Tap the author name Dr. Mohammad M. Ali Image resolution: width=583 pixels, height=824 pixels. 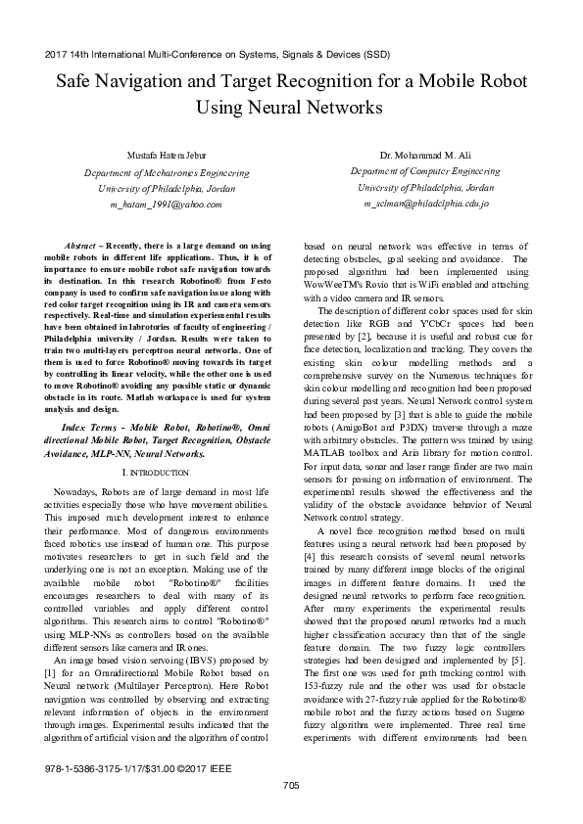[426, 156]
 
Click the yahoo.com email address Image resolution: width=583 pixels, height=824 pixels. [166, 205]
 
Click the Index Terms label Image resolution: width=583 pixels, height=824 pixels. [92, 430]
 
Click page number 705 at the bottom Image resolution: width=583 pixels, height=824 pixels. [291, 785]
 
